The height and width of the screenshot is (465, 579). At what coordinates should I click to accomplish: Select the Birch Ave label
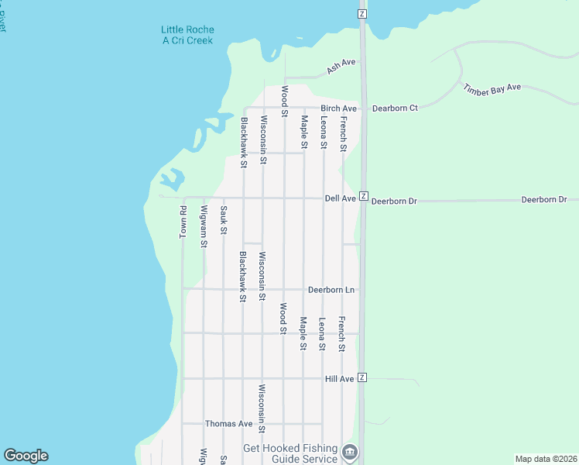[x=338, y=108]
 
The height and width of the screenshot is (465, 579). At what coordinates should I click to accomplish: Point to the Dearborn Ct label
[x=395, y=108]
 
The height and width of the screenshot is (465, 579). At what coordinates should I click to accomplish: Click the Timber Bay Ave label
[x=492, y=89]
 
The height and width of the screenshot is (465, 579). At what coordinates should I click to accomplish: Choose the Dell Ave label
[x=340, y=199]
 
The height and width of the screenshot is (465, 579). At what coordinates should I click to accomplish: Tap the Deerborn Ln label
[x=331, y=290]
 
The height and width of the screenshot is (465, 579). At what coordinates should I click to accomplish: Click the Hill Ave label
[x=340, y=379]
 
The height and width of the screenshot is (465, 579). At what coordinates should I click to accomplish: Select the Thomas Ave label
[x=228, y=424]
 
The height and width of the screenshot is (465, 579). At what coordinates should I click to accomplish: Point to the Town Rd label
[x=183, y=222]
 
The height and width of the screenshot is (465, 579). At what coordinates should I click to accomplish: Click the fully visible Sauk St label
[x=223, y=220]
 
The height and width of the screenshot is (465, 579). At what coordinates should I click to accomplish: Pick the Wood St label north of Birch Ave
[x=284, y=97]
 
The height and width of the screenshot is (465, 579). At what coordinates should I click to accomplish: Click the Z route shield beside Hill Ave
[x=361, y=378]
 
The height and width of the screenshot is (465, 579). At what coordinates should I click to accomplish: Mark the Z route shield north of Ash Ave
[x=361, y=14]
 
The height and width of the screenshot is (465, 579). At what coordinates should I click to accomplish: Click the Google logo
[x=26, y=456]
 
